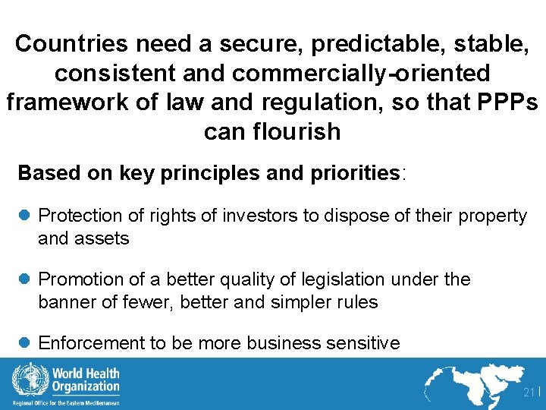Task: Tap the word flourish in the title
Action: pos(300,131)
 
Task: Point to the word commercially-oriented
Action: pos(361,73)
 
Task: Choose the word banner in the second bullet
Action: pos(65,301)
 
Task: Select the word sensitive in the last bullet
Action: pos(364,343)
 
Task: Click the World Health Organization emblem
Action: pos(26,379)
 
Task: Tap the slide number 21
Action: pos(528,393)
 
